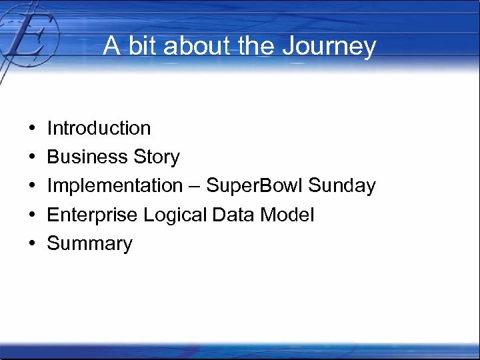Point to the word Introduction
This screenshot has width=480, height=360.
[x=99, y=128]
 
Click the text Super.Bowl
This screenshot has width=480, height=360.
[x=255, y=186]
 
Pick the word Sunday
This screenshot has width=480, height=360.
[x=343, y=186]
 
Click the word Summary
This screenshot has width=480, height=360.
[x=89, y=244]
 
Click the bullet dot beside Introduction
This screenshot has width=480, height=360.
[x=32, y=128]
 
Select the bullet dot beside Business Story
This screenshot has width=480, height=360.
[x=32, y=157]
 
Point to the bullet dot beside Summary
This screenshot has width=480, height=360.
[x=32, y=244]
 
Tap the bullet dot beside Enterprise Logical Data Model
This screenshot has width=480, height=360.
[x=32, y=215]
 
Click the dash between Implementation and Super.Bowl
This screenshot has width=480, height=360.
[x=194, y=187]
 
